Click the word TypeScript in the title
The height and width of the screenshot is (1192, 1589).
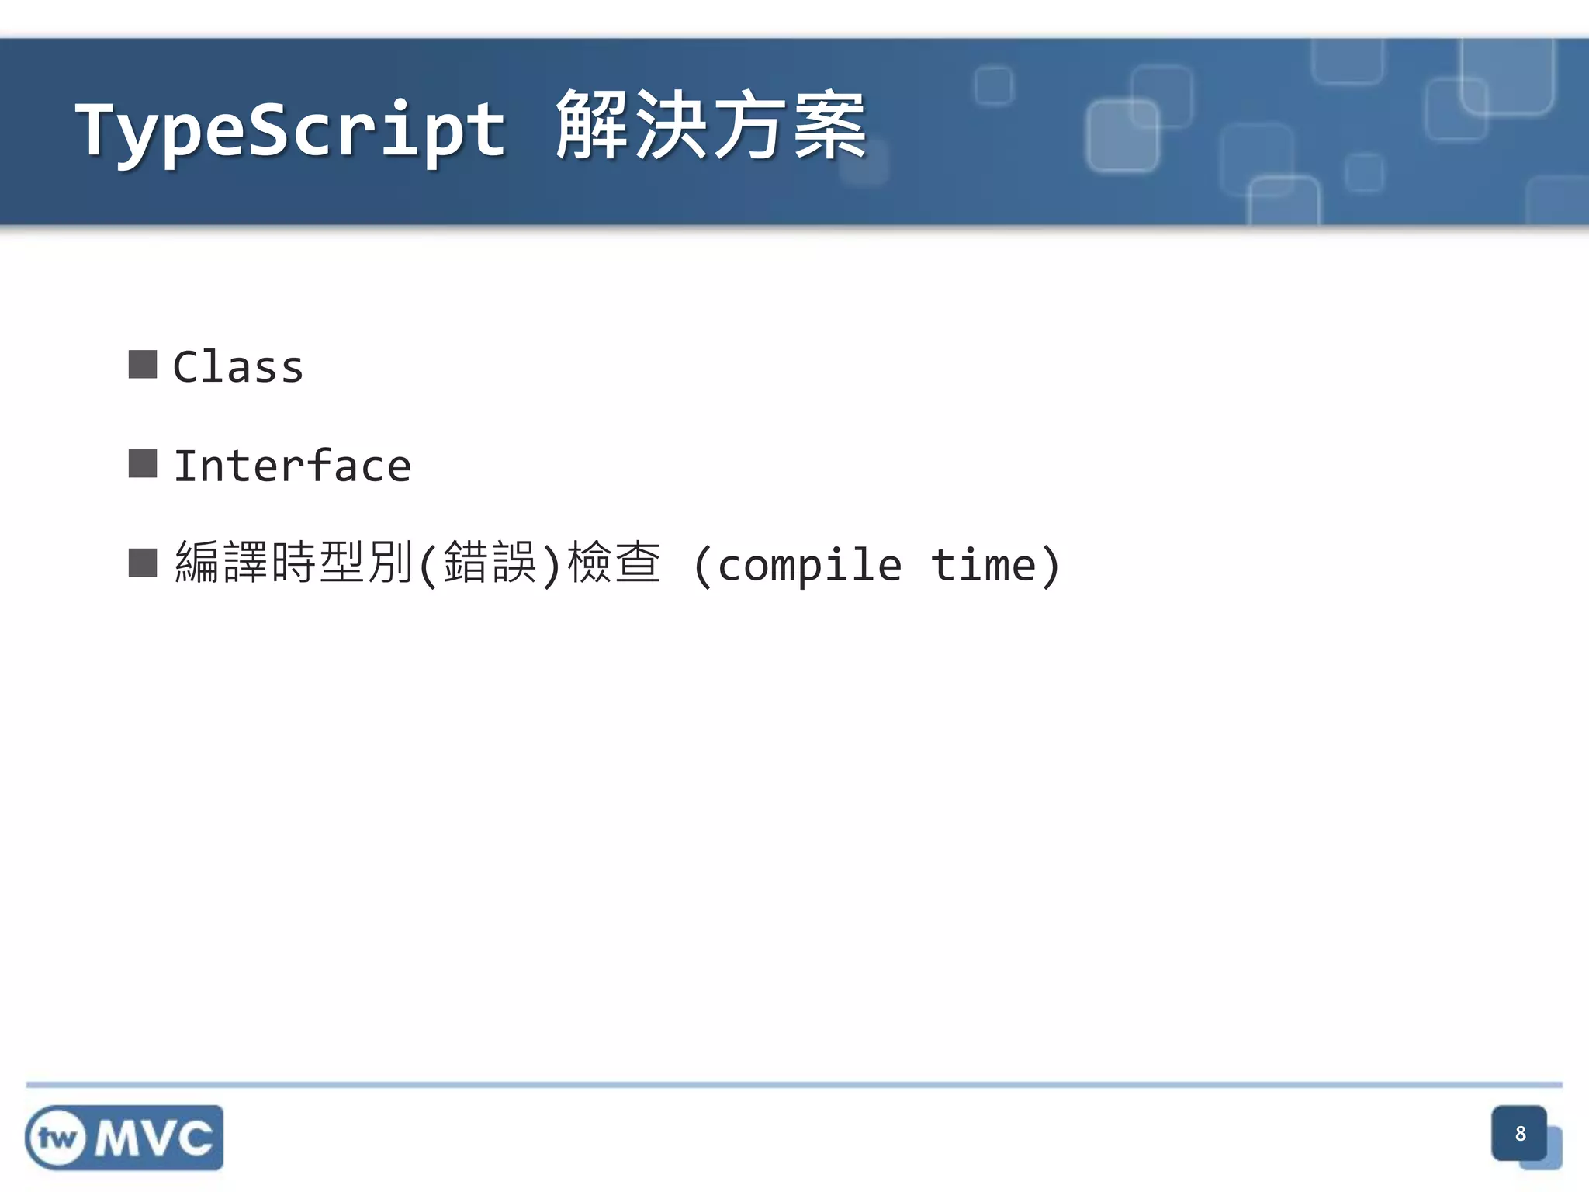(291, 130)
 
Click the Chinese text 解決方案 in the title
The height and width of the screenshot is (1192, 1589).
(711, 126)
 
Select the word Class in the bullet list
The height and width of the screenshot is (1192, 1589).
(237, 367)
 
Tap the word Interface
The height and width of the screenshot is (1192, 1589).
(292, 466)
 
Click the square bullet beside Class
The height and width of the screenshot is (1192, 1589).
(143, 365)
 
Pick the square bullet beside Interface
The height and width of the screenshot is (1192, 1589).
(143, 464)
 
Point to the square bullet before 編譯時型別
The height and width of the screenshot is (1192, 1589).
(143, 563)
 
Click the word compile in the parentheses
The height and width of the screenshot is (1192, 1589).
(809, 565)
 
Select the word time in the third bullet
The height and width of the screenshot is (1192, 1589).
(983, 565)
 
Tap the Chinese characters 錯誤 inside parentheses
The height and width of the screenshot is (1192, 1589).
(490, 563)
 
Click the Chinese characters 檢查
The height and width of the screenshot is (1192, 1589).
(614, 563)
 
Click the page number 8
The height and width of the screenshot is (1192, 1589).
(1520, 1134)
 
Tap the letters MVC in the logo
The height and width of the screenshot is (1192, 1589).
(154, 1138)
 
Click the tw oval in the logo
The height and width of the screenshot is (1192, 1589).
(57, 1138)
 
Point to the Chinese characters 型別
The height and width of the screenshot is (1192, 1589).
(365, 563)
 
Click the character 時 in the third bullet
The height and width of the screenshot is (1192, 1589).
(294, 563)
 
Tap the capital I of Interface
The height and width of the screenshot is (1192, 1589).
(185, 466)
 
